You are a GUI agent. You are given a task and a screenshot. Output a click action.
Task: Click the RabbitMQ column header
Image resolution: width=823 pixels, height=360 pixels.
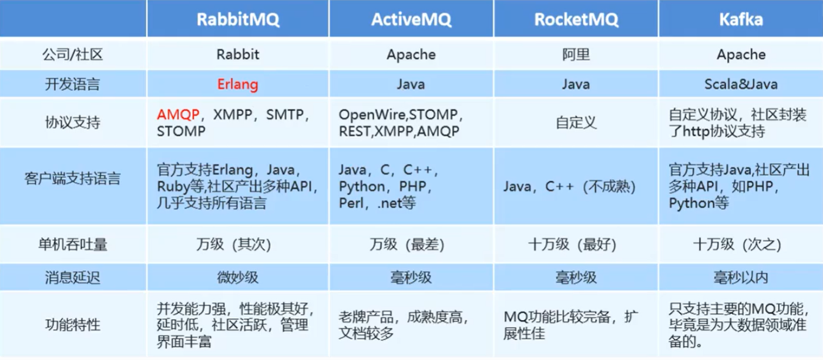tap(237, 19)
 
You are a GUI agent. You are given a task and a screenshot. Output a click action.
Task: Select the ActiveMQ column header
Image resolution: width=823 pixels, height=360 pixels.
tap(411, 19)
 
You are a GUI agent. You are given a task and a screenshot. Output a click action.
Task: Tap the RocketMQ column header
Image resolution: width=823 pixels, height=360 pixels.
tap(576, 19)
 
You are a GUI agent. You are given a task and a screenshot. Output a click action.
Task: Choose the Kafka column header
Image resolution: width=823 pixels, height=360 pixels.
tap(741, 19)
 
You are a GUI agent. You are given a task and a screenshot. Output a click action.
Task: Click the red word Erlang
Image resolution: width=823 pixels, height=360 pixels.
tap(237, 84)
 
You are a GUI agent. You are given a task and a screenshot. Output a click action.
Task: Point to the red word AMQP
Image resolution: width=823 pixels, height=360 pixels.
tap(179, 114)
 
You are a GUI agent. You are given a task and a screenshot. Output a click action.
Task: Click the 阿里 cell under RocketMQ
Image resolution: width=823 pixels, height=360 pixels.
tap(576, 55)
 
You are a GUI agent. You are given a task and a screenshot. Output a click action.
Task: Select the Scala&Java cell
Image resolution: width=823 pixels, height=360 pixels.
tap(741, 84)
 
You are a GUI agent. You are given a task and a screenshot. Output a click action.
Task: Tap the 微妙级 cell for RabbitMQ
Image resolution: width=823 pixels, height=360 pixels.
tap(237, 276)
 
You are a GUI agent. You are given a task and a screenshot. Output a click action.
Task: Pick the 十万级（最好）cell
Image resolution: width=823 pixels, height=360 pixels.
tap(576, 243)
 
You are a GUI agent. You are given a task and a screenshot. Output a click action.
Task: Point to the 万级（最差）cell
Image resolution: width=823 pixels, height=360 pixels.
tap(411, 243)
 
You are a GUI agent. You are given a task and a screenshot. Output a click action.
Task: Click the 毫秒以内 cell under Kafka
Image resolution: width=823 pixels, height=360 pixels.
tap(741, 276)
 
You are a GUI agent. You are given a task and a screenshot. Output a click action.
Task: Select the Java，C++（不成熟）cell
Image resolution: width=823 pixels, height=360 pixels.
tap(568, 187)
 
